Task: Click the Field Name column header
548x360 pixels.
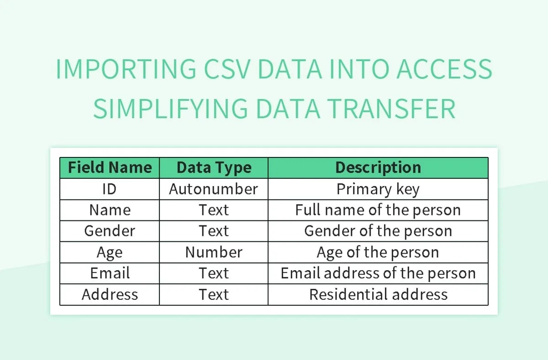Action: click(x=110, y=168)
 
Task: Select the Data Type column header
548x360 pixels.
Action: click(x=214, y=168)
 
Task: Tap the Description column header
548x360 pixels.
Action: click(x=378, y=168)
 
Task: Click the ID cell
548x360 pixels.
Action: click(x=110, y=189)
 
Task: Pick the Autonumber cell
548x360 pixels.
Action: click(x=214, y=189)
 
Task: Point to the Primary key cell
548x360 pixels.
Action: click(x=378, y=189)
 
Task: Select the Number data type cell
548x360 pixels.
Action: click(x=214, y=252)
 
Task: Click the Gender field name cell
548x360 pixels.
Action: click(x=110, y=231)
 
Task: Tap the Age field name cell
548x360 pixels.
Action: click(x=110, y=252)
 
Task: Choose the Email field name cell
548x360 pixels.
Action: click(x=110, y=273)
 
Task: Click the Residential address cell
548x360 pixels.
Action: click(x=378, y=294)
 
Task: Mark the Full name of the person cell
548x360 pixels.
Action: click(x=378, y=210)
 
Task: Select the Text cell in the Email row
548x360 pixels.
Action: click(x=214, y=273)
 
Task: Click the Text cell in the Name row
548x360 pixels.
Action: click(x=214, y=210)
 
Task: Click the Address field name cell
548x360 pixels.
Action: click(x=110, y=294)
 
